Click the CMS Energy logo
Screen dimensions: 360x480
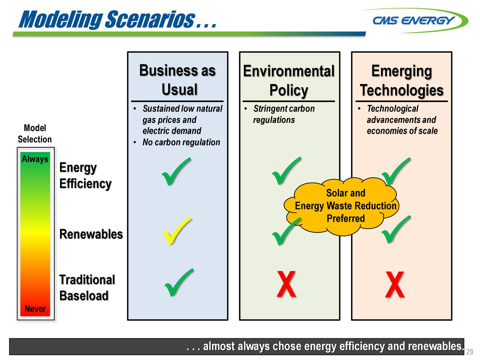(x=415, y=20)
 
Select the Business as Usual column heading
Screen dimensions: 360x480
(x=178, y=80)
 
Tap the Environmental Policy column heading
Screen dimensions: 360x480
(x=288, y=81)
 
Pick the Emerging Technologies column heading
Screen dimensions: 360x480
(x=401, y=81)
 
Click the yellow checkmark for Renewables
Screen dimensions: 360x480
(x=176, y=231)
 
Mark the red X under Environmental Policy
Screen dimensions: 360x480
(x=286, y=285)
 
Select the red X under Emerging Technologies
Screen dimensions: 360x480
(x=394, y=285)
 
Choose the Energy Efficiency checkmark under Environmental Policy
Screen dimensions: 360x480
(x=286, y=171)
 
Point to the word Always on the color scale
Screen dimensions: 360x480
(x=35, y=159)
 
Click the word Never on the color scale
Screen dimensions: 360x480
(x=35, y=309)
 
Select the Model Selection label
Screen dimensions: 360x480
(x=34, y=133)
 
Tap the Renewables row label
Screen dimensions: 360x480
(x=91, y=234)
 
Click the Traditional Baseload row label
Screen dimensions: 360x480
(x=87, y=288)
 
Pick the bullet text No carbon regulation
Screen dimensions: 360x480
(x=181, y=142)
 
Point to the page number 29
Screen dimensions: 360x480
(x=470, y=352)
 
